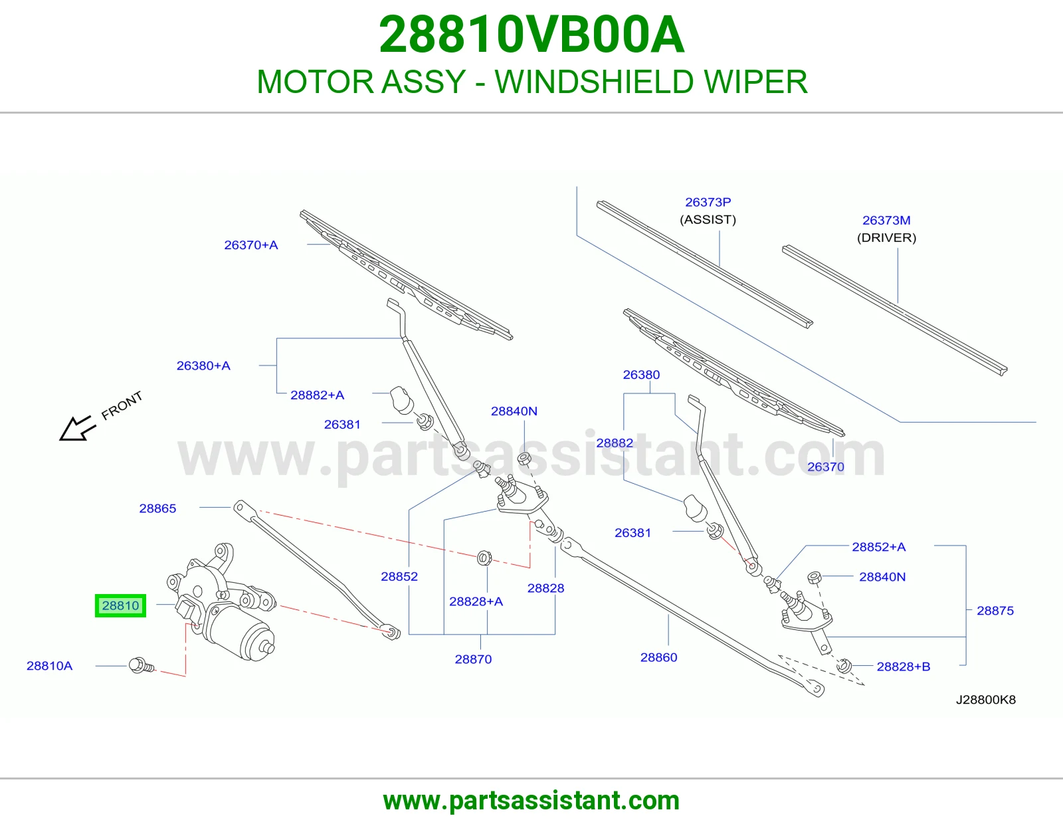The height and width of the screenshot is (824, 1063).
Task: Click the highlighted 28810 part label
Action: (120, 606)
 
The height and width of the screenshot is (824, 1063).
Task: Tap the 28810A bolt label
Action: (49, 665)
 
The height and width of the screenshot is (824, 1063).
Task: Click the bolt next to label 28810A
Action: (142, 665)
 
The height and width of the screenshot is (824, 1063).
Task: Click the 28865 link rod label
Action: (157, 508)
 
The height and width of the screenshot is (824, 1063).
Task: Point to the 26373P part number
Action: (708, 202)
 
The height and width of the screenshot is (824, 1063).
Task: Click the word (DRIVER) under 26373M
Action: (886, 238)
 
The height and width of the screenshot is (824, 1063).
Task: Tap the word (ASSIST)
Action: (708, 220)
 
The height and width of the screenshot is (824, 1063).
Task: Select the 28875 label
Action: (995, 611)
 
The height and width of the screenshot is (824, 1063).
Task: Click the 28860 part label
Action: (658, 657)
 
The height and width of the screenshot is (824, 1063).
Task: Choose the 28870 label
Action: (473, 659)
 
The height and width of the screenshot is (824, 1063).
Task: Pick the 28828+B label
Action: (903, 667)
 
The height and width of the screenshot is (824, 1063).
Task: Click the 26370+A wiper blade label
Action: (251, 245)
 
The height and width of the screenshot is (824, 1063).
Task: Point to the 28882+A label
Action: (317, 395)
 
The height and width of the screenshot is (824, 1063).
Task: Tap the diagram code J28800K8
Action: (986, 700)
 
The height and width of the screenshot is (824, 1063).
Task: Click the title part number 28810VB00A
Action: (531, 35)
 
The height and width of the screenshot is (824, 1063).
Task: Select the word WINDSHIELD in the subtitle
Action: (595, 82)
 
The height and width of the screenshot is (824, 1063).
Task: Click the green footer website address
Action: (531, 801)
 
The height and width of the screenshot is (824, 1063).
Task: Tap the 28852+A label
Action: (878, 546)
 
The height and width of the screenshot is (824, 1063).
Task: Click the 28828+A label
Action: (476, 601)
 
